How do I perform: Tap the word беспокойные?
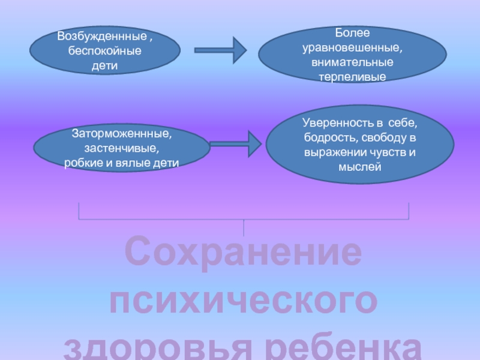coord(105,50)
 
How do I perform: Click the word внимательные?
coord(352,62)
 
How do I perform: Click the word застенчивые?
coord(122,148)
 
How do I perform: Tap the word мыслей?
coord(359,167)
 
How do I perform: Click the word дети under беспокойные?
coord(105,64)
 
